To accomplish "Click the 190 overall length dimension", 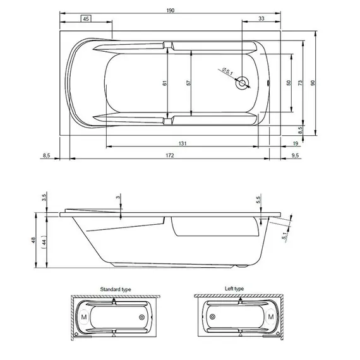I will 171,11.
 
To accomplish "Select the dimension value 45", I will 87,19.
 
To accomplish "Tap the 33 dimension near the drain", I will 261,19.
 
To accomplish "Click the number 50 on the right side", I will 288,83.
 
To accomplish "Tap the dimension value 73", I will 301,83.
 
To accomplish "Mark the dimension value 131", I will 182,144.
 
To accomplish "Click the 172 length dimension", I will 171,155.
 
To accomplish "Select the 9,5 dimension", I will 296,155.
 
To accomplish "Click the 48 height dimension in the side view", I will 35,240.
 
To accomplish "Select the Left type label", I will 234,289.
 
